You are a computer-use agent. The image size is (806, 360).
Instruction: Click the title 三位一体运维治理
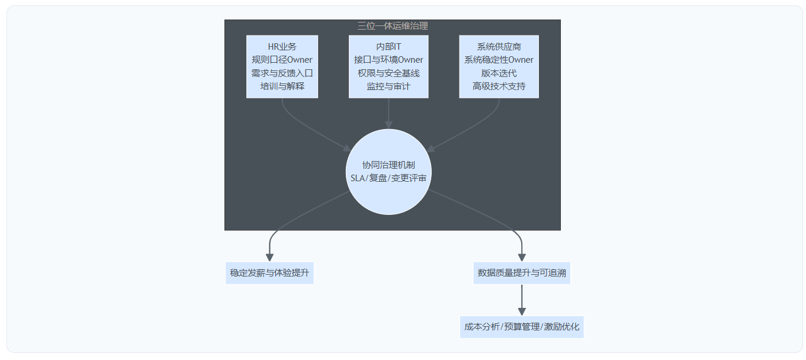392,25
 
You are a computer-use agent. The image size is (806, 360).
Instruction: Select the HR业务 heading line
282,47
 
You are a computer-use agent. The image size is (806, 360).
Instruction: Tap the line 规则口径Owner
282,60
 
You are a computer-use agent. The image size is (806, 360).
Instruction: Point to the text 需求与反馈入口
282,73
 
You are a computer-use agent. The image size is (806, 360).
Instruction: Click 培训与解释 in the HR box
282,86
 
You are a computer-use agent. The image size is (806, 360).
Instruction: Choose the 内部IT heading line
388,47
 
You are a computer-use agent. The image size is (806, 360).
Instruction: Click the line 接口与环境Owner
388,60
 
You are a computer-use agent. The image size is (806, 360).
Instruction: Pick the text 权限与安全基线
388,73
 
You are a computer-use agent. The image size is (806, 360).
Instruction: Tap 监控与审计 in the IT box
388,86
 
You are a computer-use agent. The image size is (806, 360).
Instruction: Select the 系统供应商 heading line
499,47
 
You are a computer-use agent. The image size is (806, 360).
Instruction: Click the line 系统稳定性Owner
499,60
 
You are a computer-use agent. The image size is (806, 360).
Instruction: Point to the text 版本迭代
499,73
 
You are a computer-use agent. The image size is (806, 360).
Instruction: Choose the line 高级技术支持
499,86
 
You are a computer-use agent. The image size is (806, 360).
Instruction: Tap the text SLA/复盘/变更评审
388,178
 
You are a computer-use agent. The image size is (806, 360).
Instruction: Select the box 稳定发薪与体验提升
269,273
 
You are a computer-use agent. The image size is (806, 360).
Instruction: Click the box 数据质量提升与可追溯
522,273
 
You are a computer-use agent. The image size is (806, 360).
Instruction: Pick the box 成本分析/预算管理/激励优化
522,327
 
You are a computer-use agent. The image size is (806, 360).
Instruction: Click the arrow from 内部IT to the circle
388,112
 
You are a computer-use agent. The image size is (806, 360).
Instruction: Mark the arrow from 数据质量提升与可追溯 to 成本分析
522,300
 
